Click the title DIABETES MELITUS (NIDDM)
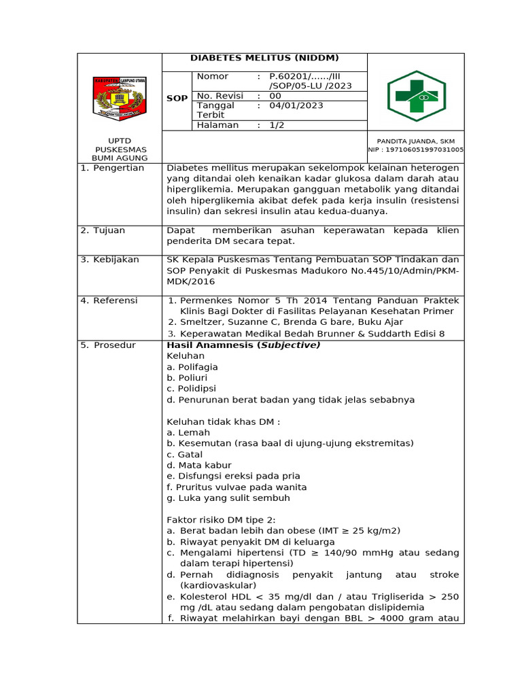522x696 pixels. point(264,58)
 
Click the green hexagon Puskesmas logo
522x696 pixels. point(416,96)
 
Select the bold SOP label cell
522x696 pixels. point(177,99)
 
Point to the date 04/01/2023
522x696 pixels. point(296,105)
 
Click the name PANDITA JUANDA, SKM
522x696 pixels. point(416,141)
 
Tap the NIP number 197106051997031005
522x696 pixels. point(416,150)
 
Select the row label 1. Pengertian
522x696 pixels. point(112,168)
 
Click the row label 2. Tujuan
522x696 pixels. point(103,230)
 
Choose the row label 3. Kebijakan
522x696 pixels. point(109,260)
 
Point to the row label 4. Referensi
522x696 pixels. point(109,300)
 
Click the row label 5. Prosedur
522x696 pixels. point(108,345)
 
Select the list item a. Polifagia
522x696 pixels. point(192,367)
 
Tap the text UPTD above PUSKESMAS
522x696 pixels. point(120,141)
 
